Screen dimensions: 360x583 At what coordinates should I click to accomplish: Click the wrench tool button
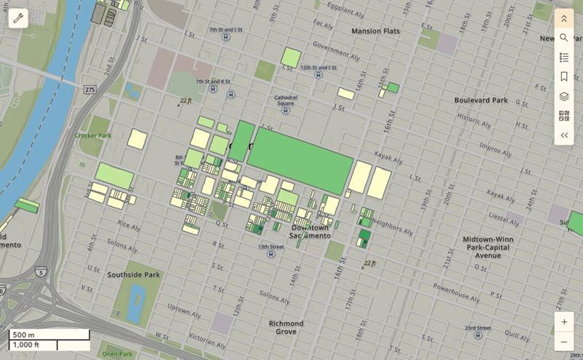(x=18, y=18)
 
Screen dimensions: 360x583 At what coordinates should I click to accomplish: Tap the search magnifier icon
(x=563, y=37)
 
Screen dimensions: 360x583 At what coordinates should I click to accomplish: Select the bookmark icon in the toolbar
(x=563, y=77)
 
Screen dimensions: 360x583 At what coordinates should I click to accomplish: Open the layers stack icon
(x=563, y=96)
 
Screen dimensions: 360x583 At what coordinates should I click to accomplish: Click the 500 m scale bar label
(x=24, y=335)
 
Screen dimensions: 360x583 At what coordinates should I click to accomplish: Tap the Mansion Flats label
(x=377, y=31)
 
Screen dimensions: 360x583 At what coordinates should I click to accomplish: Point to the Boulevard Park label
(x=480, y=100)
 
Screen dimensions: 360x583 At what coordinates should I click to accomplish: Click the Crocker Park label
(x=93, y=136)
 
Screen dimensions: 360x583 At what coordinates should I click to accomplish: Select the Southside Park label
(x=133, y=275)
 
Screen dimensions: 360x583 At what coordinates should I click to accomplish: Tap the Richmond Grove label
(x=286, y=327)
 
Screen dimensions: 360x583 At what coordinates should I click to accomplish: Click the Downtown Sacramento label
(x=310, y=232)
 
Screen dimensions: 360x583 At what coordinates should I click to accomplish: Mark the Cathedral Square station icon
(x=285, y=111)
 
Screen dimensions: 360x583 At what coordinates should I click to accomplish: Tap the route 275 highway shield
(x=89, y=89)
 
